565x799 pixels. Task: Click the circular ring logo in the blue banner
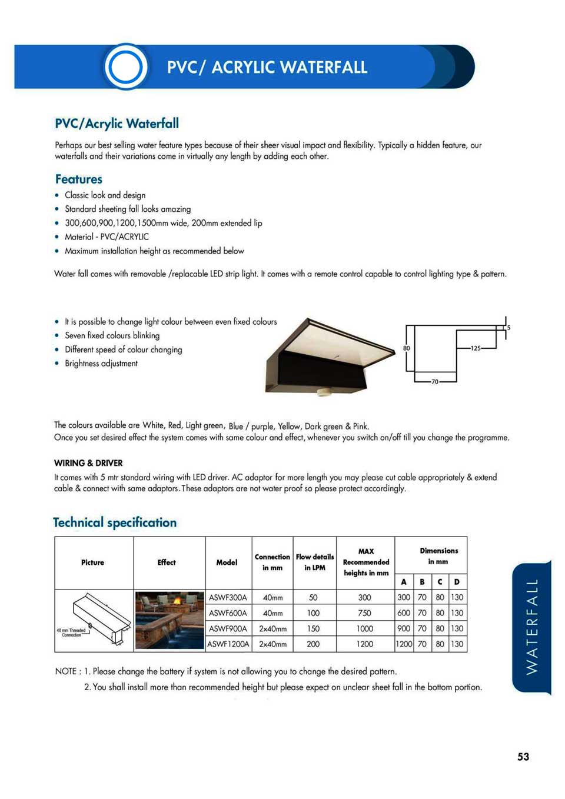pyautogui.click(x=125, y=66)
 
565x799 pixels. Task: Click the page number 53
pyautogui.click(x=523, y=757)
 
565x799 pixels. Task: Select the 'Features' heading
pyautogui.click(x=79, y=179)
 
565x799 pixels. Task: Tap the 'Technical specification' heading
pyautogui.click(x=115, y=522)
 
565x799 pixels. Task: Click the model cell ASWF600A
pyautogui.click(x=228, y=613)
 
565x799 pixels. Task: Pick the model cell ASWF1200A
pyautogui.click(x=228, y=644)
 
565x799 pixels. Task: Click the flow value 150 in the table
pyautogui.click(x=313, y=628)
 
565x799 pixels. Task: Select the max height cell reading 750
pyautogui.click(x=365, y=613)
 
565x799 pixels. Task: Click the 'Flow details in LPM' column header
pyautogui.click(x=314, y=562)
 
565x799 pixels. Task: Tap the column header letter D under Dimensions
pyautogui.click(x=457, y=582)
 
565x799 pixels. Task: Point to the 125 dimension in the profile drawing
pyautogui.click(x=476, y=348)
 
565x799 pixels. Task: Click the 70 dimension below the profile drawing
pyautogui.click(x=435, y=382)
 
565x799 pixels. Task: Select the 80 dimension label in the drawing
pyautogui.click(x=407, y=348)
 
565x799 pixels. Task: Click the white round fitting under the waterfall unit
pyautogui.click(x=323, y=391)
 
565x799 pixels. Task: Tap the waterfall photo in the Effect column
pyautogui.click(x=169, y=621)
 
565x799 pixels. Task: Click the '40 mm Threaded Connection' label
pyautogui.click(x=71, y=632)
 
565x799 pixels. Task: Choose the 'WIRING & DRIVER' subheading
pyautogui.click(x=88, y=463)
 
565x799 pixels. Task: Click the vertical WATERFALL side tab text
pyautogui.click(x=531, y=627)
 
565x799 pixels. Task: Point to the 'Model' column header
pyautogui.click(x=227, y=562)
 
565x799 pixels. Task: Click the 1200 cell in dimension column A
pyautogui.click(x=404, y=644)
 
